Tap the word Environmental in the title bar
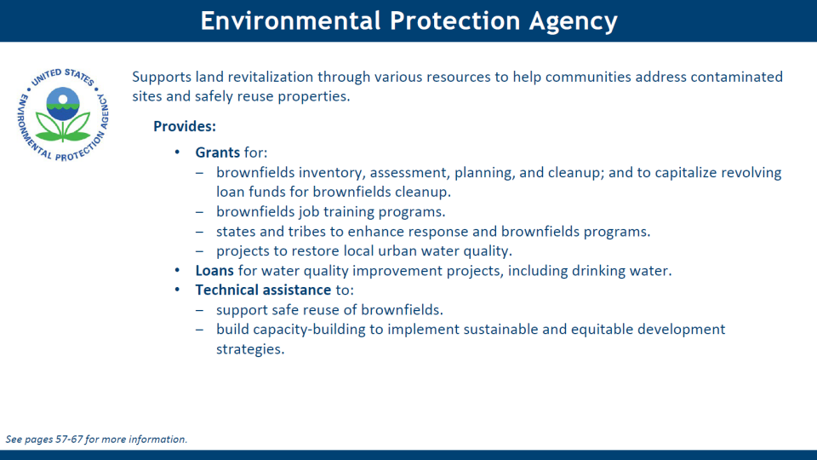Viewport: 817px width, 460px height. pos(291,20)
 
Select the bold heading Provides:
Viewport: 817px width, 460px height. pos(185,126)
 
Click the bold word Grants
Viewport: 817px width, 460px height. pos(217,152)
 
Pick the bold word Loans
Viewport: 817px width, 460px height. pos(214,271)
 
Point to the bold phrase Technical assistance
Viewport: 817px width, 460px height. pos(263,290)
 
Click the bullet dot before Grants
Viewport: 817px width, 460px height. pos(177,152)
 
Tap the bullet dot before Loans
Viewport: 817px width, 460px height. pos(177,270)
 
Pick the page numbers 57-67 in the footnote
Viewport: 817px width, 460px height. pos(69,440)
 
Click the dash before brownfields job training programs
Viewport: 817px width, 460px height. pos(199,212)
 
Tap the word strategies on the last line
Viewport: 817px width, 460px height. pos(250,349)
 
